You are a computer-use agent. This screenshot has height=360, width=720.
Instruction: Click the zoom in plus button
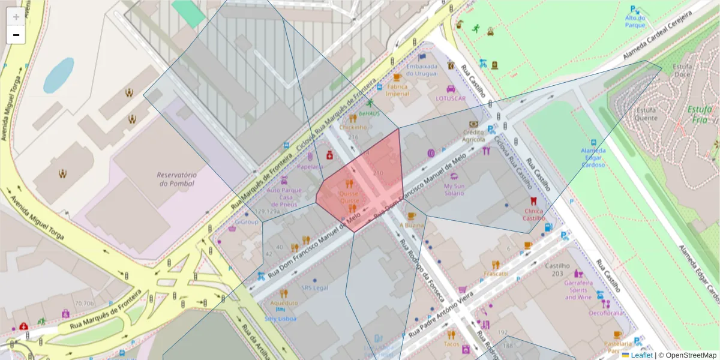pos(16,17)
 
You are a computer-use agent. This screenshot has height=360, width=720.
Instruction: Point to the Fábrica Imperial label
pos(397,90)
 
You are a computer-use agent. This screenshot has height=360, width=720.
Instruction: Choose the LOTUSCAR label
pos(451,98)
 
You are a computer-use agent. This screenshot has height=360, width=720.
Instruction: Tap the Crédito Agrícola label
pos(473,136)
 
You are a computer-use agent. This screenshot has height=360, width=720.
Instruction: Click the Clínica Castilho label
pos(533,214)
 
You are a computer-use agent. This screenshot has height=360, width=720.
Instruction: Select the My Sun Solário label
pos(454,190)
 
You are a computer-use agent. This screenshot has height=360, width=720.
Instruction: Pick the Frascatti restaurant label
pos(496,274)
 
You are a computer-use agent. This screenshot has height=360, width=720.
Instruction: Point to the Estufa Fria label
pos(699,114)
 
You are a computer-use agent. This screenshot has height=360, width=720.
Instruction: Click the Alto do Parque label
pos(635,22)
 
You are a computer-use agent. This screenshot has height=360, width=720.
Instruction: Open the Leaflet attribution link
pos(641,355)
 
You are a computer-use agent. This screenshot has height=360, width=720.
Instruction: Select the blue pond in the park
pos(58,75)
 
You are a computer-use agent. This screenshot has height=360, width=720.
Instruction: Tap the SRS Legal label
pos(315,287)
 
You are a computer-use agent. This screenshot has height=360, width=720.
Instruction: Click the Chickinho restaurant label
pos(352,127)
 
